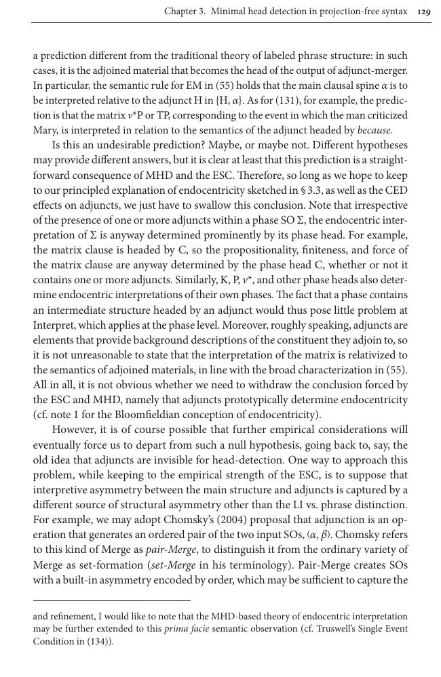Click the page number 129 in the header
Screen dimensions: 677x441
423,12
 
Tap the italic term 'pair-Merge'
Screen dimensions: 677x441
168,550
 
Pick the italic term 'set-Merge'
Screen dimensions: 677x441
172,565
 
